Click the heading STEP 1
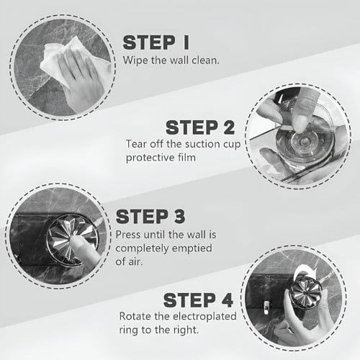156,42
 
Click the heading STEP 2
200,127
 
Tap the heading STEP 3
150,216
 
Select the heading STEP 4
198,300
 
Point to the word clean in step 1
205,60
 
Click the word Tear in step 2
136,144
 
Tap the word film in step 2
186,158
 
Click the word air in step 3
135,261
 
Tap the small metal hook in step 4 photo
266,307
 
